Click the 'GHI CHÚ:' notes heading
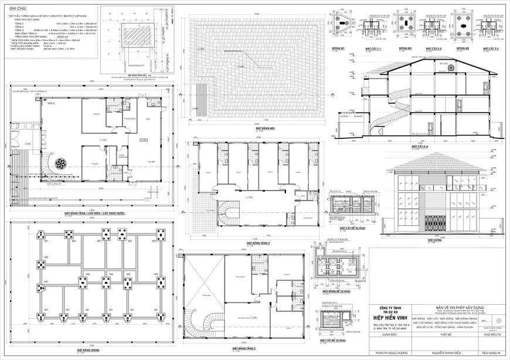[18, 10]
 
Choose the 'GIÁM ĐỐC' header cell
[382, 336]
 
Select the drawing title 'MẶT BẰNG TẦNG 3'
[259, 242]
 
